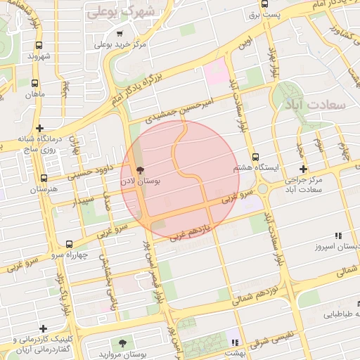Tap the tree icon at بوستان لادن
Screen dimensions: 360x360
(x=140, y=170)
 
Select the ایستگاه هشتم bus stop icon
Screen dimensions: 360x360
(x=255, y=158)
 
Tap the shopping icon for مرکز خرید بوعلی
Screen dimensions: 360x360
(x=120, y=34)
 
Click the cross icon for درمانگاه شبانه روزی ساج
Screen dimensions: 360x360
(x=40, y=129)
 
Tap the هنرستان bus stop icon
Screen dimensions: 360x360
(x=44, y=179)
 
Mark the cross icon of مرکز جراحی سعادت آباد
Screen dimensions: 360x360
(x=303, y=169)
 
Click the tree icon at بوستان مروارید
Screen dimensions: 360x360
(x=124, y=342)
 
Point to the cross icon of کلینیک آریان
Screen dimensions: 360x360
(x=44, y=328)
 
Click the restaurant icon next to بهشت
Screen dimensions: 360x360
(x=234, y=342)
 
